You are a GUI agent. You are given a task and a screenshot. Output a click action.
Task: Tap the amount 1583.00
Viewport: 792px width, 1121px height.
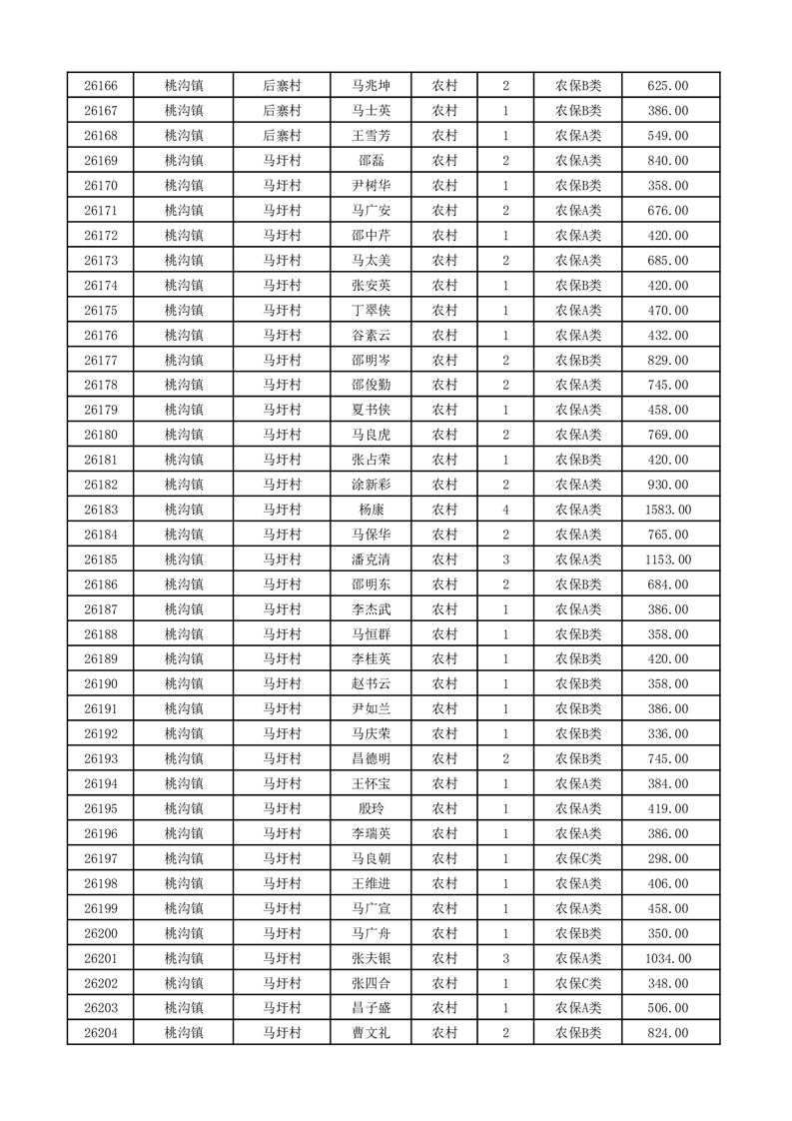668,510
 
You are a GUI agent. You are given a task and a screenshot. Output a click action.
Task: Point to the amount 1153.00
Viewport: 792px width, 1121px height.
668,560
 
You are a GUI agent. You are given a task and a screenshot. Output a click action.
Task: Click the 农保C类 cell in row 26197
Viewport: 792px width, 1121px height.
578,858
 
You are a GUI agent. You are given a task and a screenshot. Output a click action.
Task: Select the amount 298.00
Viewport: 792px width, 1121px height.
668,858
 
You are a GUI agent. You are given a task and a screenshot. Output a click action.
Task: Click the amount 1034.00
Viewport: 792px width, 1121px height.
668,958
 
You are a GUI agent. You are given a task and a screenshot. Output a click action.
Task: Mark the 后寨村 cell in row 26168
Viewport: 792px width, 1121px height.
282,136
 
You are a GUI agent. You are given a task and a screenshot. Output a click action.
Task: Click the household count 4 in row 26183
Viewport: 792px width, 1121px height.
506,510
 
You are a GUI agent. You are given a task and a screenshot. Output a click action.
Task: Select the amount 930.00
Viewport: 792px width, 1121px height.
668,485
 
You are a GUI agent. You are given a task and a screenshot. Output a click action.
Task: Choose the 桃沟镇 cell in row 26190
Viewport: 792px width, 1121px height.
184,684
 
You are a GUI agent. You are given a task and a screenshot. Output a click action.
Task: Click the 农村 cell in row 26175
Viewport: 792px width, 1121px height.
444,311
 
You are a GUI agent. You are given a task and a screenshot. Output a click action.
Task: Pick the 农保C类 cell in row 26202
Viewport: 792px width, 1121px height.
578,983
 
